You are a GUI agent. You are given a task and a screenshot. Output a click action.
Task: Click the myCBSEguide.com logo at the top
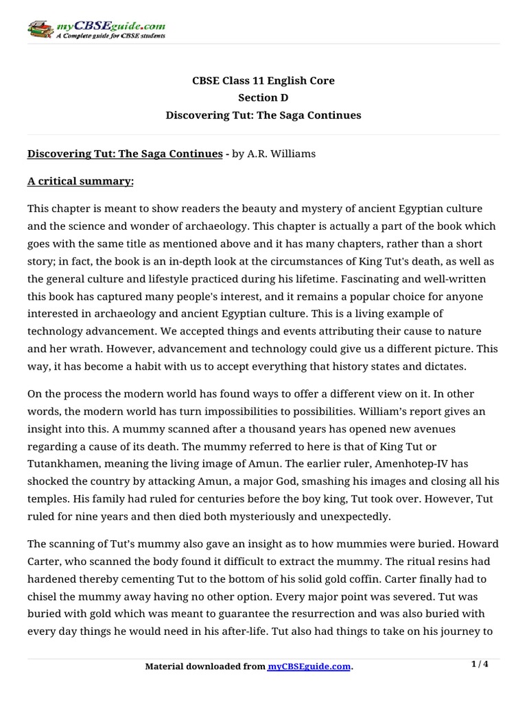(96, 28)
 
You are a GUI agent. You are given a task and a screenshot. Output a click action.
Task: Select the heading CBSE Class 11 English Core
(263, 81)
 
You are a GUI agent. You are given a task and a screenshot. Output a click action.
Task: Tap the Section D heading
(263, 98)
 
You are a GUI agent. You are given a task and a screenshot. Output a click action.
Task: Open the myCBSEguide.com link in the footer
(309, 666)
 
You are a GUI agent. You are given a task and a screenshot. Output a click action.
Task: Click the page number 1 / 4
(480, 664)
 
